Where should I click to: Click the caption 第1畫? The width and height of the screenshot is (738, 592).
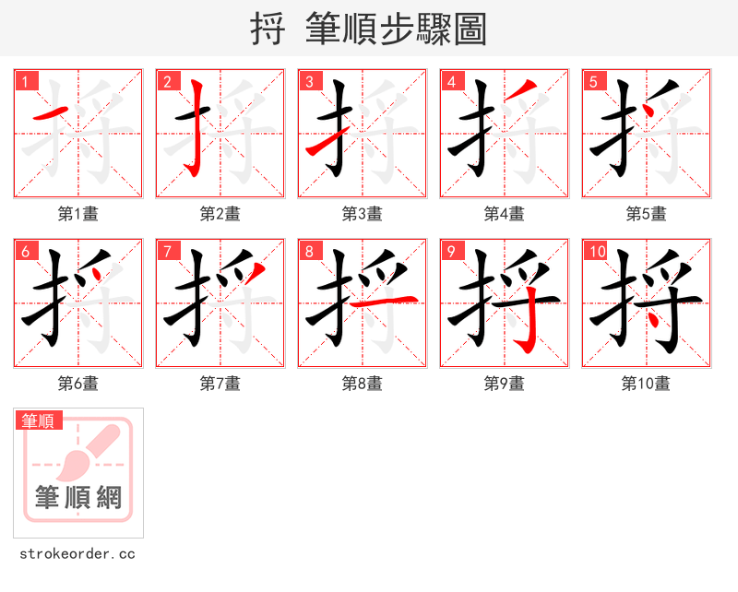[x=78, y=214]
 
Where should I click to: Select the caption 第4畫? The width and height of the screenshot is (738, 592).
[x=505, y=214]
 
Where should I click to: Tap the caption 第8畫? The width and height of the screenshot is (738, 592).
[x=363, y=384]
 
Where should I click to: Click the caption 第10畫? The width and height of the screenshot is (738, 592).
[x=646, y=384]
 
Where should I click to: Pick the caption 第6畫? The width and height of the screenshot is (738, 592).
[x=78, y=384]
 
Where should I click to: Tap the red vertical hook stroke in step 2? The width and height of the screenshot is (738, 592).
[x=196, y=129]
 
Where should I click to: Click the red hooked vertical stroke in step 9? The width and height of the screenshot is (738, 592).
[x=526, y=327]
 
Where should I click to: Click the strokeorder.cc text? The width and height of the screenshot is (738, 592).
[x=77, y=554]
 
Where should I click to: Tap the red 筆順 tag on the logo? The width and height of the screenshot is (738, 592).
[x=40, y=421]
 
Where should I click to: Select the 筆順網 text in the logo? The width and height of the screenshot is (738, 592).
[x=78, y=498]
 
